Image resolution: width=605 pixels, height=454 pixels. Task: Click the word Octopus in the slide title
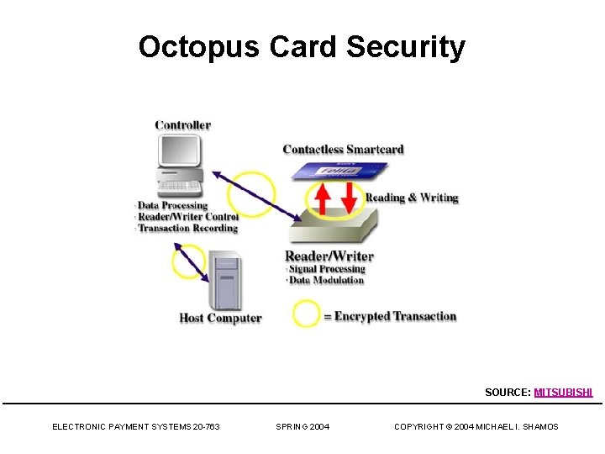click(x=199, y=47)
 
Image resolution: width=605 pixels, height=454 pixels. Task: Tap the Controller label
click(x=182, y=125)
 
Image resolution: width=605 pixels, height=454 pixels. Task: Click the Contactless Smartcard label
click(x=343, y=150)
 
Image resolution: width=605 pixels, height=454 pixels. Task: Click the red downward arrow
click(x=349, y=197)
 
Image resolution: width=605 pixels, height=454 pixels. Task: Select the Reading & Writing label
click(x=412, y=198)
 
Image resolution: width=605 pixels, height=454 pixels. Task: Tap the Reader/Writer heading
click(x=329, y=256)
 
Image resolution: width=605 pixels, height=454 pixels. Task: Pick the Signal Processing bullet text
click(x=327, y=269)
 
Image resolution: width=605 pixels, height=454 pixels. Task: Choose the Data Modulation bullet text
click(x=326, y=280)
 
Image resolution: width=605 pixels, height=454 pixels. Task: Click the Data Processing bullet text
click(x=172, y=205)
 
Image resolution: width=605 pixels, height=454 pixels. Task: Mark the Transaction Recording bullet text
click(x=187, y=228)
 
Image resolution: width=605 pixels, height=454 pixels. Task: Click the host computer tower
click(x=224, y=280)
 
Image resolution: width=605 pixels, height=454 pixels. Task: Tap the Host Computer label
click(x=220, y=318)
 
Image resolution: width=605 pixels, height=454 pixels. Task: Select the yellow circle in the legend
click(x=306, y=315)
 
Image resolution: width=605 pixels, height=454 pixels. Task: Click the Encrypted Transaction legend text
click(x=395, y=316)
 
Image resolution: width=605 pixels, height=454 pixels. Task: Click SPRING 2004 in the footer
click(x=302, y=427)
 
